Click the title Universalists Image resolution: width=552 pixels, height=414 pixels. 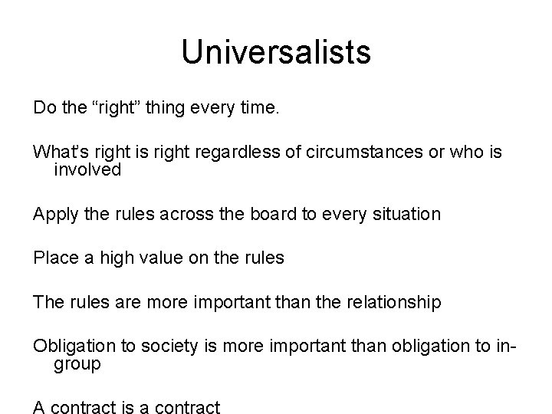click(x=276, y=53)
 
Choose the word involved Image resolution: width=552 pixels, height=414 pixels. click(x=87, y=169)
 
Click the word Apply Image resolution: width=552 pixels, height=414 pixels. click(x=54, y=214)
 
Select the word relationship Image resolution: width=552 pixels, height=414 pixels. click(x=391, y=303)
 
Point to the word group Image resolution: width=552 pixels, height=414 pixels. click(x=77, y=364)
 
